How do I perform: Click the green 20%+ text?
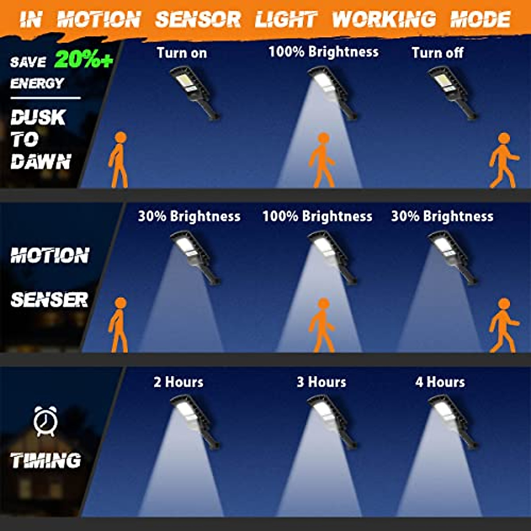pyautogui.click(x=84, y=60)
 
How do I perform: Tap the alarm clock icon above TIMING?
pyautogui.click(x=46, y=421)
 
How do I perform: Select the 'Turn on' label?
pyautogui.click(x=182, y=53)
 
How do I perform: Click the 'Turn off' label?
pyautogui.click(x=437, y=53)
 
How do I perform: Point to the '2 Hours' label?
pyautogui.click(x=178, y=382)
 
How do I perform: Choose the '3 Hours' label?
pyautogui.click(x=321, y=382)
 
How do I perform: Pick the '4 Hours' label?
pyautogui.click(x=440, y=382)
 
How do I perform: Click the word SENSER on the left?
pyautogui.click(x=50, y=300)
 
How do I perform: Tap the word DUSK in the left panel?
pyautogui.click(x=38, y=118)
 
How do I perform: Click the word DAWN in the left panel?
pyautogui.click(x=41, y=162)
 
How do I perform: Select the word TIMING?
pyautogui.click(x=46, y=461)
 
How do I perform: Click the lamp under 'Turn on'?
pyautogui.click(x=195, y=91)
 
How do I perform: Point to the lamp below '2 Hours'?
pyautogui.click(x=195, y=420)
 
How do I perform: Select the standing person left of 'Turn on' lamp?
pyautogui.click(x=119, y=159)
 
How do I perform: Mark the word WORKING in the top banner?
pyautogui.click(x=384, y=19)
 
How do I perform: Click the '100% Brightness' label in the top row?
pyautogui.click(x=323, y=52)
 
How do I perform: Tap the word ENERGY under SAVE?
pyautogui.click(x=37, y=83)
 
